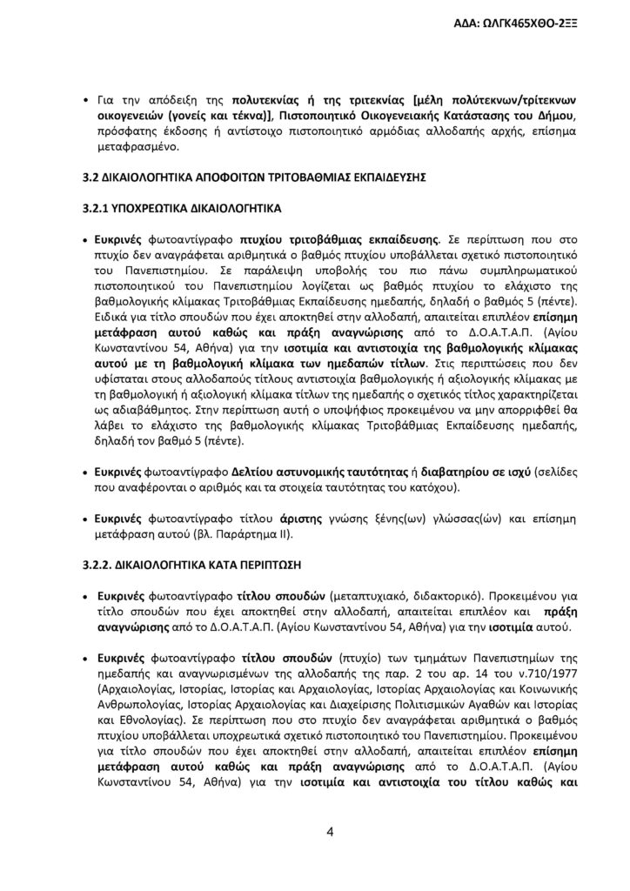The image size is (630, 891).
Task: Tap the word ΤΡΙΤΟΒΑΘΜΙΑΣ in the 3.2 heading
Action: tap(296, 177)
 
